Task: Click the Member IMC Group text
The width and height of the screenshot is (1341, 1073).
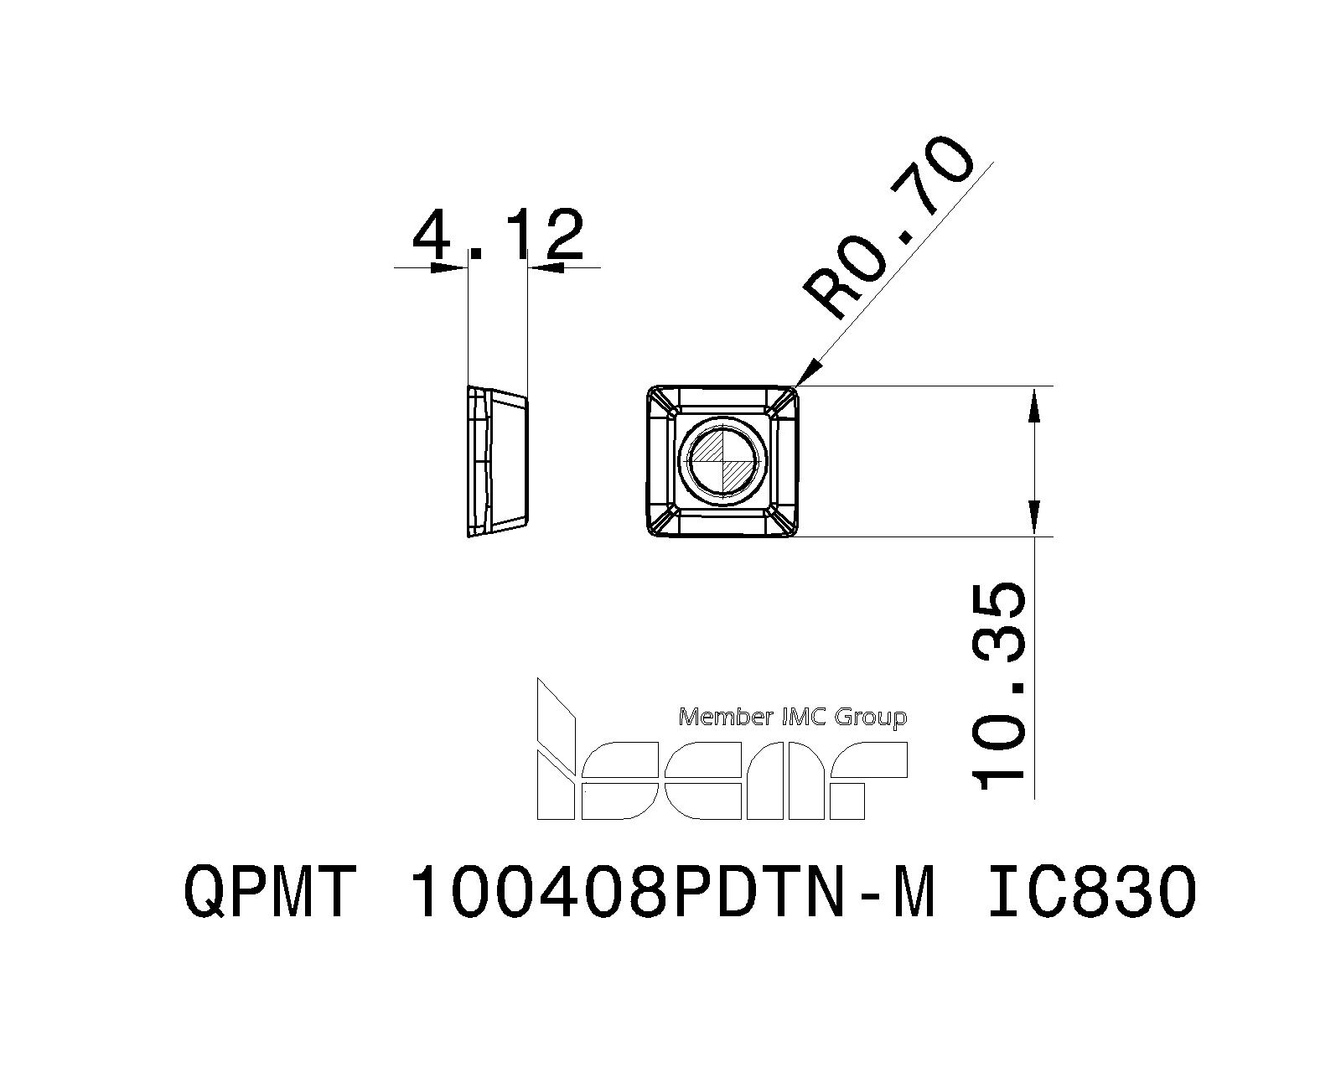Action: click(x=792, y=718)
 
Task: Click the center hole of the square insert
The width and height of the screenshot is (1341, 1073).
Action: click(x=722, y=460)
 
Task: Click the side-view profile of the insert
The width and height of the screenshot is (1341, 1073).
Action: click(x=497, y=460)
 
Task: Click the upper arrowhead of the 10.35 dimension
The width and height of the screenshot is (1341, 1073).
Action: click(x=1036, y=402)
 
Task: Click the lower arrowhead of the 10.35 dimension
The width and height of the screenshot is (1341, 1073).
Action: click(x=1036, y=519)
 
